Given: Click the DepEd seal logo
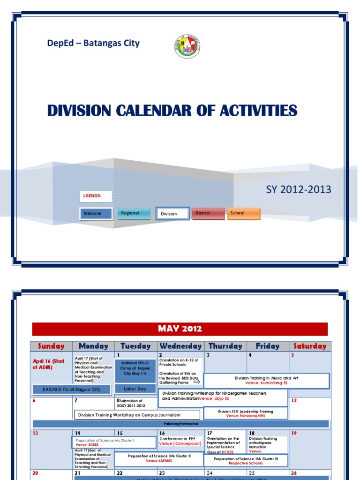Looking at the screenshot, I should [187, 46].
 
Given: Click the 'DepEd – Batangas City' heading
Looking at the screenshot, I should [93, 43].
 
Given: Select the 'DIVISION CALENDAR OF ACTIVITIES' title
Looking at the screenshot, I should [172, 111].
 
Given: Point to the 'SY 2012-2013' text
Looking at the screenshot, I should [299, 189].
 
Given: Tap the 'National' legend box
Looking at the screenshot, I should [96, 214].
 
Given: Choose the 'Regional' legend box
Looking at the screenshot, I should [134, 213].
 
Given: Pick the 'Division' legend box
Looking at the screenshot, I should [172, 214].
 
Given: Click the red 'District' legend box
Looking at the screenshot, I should [208, 213].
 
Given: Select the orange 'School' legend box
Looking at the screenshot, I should [243, 213].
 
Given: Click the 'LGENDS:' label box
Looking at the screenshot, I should [96, 196].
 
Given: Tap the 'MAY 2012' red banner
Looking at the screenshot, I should [180, 329].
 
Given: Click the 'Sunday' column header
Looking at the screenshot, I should [51, 346].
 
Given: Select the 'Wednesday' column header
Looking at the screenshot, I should [180, 346].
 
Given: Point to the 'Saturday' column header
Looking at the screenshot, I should [310, 346].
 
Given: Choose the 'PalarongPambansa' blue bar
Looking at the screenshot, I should [180, 424].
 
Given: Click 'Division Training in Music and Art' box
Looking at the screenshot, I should [266, 380].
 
